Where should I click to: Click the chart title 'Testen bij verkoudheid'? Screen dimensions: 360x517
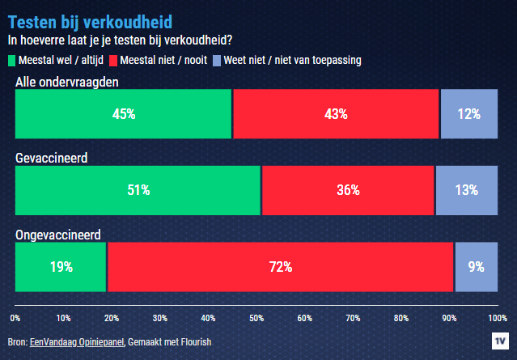[89, 20]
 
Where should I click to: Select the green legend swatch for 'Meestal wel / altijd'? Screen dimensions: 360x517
[11, 60]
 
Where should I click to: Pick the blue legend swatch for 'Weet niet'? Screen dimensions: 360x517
[216, 60]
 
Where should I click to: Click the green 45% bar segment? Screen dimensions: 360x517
[123, 114]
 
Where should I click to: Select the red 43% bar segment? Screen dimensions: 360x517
[336, 114]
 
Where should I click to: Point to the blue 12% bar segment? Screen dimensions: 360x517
[468, 114]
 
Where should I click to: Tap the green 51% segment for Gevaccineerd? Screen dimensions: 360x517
[138, 190]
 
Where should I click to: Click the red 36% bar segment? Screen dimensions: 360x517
[348, 190]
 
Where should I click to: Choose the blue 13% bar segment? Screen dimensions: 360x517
[467, 190]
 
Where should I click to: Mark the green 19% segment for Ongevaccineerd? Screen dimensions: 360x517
[61, 266]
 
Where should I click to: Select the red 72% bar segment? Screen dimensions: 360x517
[280, 266]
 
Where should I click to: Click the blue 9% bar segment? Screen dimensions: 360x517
[476, 266]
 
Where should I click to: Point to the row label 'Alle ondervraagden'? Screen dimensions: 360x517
[68, 83]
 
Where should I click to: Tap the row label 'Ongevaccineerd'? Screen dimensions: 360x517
[57, 235]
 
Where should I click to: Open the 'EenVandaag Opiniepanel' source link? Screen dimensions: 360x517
[77, 342]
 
